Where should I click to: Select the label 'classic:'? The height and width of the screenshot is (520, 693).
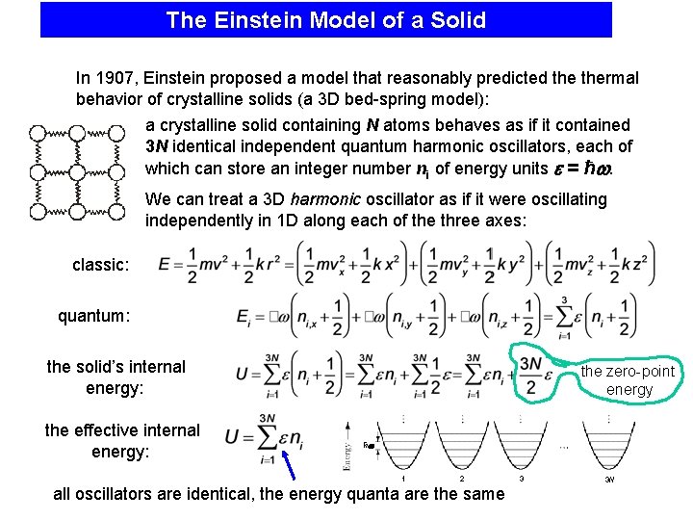pyautogui.click(x=100, y=265)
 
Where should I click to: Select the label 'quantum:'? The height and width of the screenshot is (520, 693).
pyautogui.click(x=93, y=315)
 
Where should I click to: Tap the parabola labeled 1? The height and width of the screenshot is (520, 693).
pyautogui.click(x=401, y=445)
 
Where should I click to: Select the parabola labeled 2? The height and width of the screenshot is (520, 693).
pyautogui.click(x=462, y=445)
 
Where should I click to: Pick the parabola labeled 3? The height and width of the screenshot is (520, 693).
pyautogui.click(x=521, y=445)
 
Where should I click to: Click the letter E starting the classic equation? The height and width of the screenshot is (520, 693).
pyautogui.click(x=165, y=264)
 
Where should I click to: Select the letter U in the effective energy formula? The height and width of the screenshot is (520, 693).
pyautogui.click(x=232, y=437)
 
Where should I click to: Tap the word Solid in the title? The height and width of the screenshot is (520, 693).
pyautogui.click(x=458, y=20)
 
